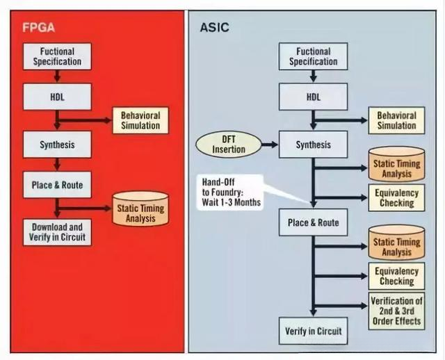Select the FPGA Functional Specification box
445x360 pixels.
pyautogui.click(x=56, y=57)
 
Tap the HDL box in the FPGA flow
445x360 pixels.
pyautogui.click(x=56, y=97)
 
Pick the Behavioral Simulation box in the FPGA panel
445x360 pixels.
pyautogui.click(x=140, y=120)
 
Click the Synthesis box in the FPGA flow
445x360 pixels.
pyautogui.click(x=56, y=145)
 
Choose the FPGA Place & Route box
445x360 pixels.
pyautogui.click(x=56, y=185)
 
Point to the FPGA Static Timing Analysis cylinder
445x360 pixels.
pyautogui.click(x=140, y=208)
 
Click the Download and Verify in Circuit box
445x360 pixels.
pyautogui.click(x=56, y=231)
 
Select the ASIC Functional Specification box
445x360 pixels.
pyautogui.click(x=313, y=57)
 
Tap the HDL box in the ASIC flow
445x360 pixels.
pyautogui.click(x=313, y=97)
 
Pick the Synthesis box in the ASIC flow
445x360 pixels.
pyautogui.click(x=313, y=145)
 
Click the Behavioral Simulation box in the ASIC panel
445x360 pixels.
pyautogui.click(x=397, y=120)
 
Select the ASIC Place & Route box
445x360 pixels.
pyautogui.click(x=313, y=223)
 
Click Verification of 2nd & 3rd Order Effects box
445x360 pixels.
pyautogui.click(x=397, y=311)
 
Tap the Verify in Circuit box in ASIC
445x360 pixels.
pyautogui.click(x=313, y=331)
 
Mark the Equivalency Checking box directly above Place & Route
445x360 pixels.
pyautogui.click(x=397, y=198)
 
